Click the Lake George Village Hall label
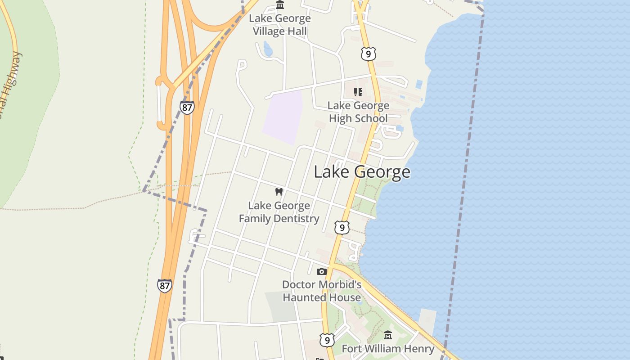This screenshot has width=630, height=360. click(280, 25)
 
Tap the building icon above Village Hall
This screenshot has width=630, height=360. click(280, 5)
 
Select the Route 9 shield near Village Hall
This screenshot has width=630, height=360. click(368, 54)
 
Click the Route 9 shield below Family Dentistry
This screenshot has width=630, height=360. click(342, 228)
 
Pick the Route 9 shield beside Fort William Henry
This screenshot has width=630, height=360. click(327, 339)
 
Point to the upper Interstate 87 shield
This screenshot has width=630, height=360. click(187, 107)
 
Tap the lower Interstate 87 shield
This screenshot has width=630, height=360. click(165, 285)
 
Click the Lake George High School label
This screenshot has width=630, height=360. click(358, 112)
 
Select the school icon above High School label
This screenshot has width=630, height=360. click(358, 92)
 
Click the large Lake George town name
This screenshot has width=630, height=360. click(362, 172)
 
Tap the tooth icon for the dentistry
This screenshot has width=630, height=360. click(279, 192)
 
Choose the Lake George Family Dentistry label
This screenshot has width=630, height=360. click(279, 212)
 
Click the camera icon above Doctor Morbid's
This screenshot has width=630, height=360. click(321, 271)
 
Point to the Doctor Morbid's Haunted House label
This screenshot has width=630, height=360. click(322, 291)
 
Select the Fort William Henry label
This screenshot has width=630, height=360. click(388, 349)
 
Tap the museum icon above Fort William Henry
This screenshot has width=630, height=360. click(388, 335)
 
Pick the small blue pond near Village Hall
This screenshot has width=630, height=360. click(268, 49)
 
